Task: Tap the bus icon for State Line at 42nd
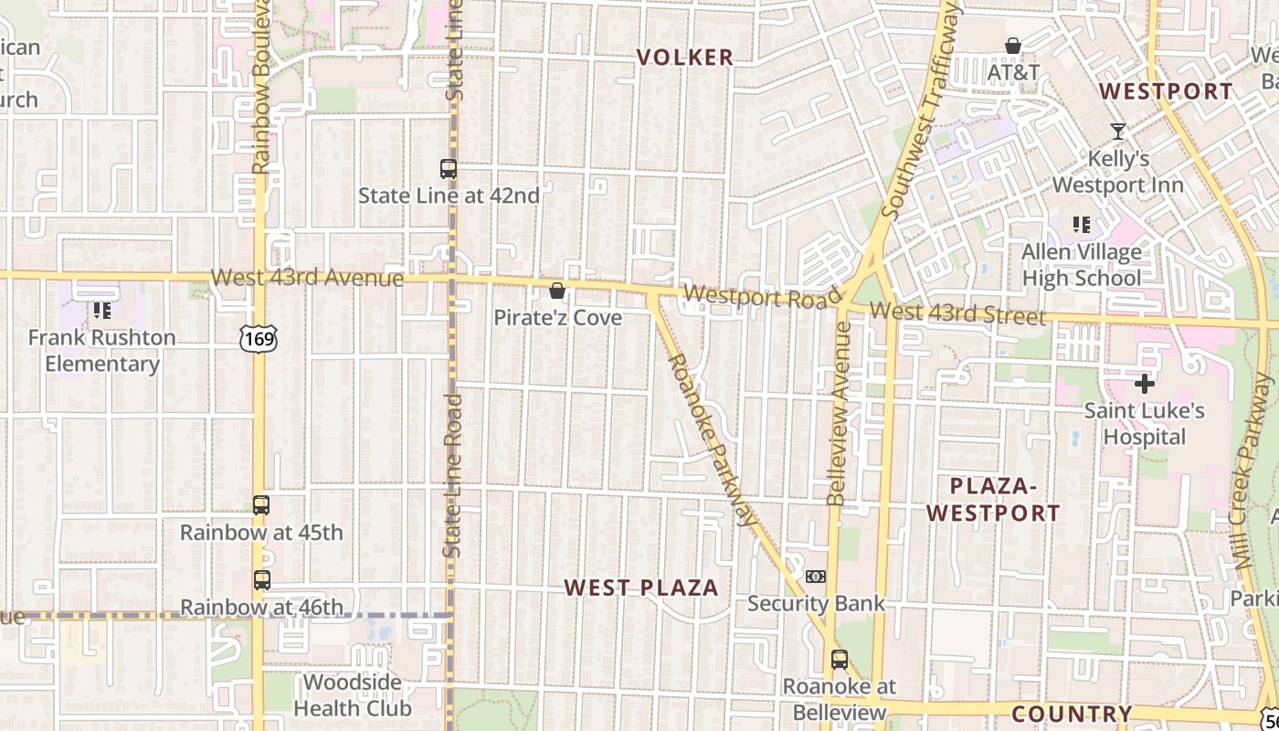pos(448,169)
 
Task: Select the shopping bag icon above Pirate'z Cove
pos(557,291)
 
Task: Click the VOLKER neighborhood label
pos(685,58)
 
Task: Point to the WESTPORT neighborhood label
pos(1166,91)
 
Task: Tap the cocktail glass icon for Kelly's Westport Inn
pos(1117,132)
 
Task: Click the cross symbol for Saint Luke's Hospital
pos(1144,384)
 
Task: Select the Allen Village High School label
pos(1082,265)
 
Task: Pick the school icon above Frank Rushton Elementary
pos(101,311)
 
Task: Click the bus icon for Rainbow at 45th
pos(261,505)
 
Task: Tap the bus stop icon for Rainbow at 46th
pos(261,580)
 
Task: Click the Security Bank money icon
pos(816,577)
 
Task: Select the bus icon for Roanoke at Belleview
pos(839,659)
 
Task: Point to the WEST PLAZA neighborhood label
pos(641,588)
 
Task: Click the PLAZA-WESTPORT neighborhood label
pos(993,499)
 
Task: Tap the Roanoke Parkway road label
pos(713,439)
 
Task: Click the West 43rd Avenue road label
pos(307,277)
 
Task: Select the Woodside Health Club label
pos(352,695)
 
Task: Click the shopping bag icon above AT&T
pos(1013,46)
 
